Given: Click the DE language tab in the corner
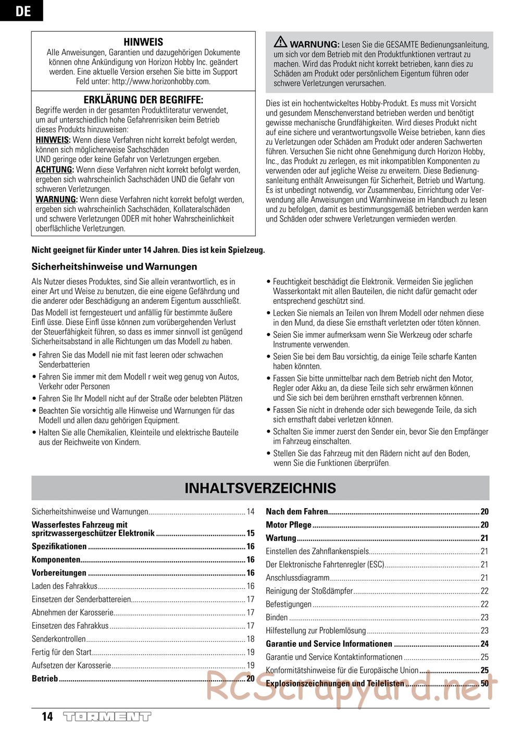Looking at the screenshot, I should point(21,10).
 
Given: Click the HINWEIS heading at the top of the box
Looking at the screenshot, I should point(143,42).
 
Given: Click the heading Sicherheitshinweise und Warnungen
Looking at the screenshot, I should point(115,266).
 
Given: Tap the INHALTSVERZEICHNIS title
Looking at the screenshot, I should point(260,488).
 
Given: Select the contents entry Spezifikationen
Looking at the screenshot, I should point(59,547).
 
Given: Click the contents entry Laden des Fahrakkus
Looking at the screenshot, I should point(65,586).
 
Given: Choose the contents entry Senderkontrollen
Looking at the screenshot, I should point(58,639).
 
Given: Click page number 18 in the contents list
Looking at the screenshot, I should point(251,639).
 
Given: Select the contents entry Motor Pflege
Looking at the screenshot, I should point(289,525).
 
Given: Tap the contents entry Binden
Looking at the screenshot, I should point(277,618).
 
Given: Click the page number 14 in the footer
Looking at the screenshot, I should point(47,717).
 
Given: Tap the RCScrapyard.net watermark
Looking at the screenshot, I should point(352,686).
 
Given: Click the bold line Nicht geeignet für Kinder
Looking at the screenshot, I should point(148,250).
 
